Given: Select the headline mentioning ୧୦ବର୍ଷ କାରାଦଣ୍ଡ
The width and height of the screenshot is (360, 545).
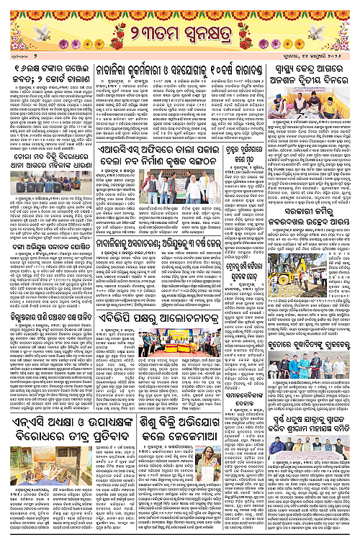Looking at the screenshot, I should point(225,71).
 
